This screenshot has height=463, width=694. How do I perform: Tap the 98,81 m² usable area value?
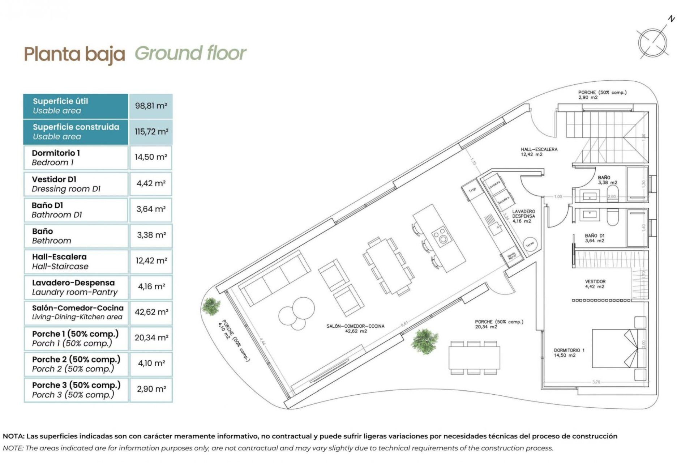coord(151,106)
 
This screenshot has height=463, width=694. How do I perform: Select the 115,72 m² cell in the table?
coord(151,132)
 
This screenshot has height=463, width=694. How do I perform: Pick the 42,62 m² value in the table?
coord(151,312)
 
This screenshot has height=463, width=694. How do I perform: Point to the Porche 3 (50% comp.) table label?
coord(76,390)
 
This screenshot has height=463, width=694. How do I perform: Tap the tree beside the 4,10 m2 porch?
coord(211,306)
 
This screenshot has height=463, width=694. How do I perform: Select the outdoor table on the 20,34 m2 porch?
coord(474,357)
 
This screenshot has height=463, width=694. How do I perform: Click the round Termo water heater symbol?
coord(530,245)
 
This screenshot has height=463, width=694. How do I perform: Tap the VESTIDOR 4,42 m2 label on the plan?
coord(595,284)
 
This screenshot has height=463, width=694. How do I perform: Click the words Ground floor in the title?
coord(190,54)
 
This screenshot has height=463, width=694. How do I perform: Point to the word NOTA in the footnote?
coord(13,436)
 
